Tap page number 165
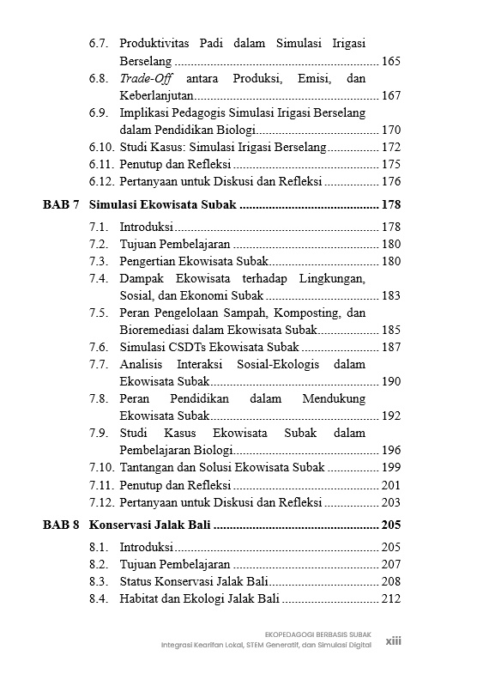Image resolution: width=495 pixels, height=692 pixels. [x=390, y=62]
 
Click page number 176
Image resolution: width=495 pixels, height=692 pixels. [x=390, y=181]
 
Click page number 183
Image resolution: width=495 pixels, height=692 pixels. [x=390, y=295]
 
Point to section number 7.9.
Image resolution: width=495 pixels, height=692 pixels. [x=99, y=433]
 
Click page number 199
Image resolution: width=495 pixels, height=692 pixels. [x=390, y=467]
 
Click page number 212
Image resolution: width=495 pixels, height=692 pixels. [x=390, y=599]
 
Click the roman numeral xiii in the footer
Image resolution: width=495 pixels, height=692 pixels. [x=394, y=640]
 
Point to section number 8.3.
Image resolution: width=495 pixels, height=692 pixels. [x=99, y=582]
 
